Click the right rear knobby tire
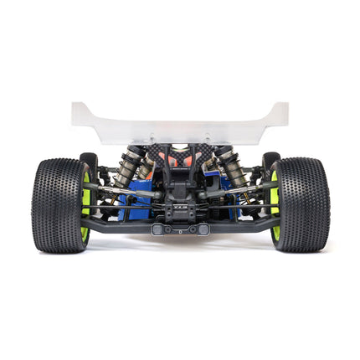(x=302, y=204)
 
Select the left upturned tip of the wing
(x=80, y=111)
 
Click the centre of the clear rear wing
(x=180, y=126)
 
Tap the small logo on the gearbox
(x=180, y=203)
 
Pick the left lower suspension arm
(x=117, y=223)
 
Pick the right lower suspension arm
(x=243, y=223)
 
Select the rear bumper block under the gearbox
(x=180, y=228)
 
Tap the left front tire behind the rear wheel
(x=89, y=162)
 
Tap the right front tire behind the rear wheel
(x=270, y=162)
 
